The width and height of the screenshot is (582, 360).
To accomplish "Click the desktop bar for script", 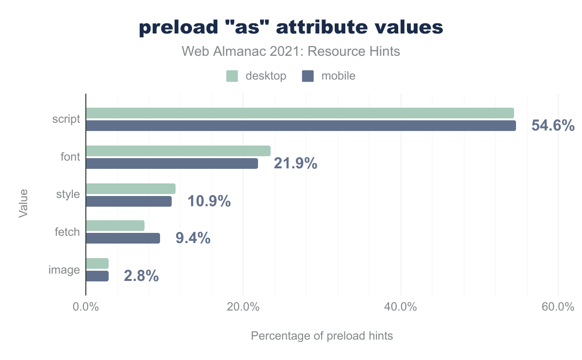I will pyautogui.click(x=300, y=113).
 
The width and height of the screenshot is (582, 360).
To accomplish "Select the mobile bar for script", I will pyautogui.click(x=301, y=126).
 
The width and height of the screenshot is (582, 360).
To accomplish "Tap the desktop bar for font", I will pyautogui.click(x=178, y=151).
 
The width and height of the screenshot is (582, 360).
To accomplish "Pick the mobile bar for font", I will pyautogui.click(x=172, y=164).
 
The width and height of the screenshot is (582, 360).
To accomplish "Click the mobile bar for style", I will pyautogui.click(x=129, y=201).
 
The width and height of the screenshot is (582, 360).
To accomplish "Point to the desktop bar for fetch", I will pyautogui.click(x=115, y=226).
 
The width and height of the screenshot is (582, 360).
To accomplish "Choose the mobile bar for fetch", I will pyautogui.click(x=123, y=238).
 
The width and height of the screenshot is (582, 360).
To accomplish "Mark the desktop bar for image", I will pyautogui.click(x=97, y=263).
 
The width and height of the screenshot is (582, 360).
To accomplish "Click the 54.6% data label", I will pyautogui.click(x=553, y=126).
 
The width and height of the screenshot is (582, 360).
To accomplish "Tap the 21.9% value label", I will pyautogui.click(x=295, y=164).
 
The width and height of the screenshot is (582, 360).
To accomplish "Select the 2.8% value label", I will pyautogui.click(x=141, y=276).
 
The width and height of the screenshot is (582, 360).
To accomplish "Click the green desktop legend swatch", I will pyautogui.click(x=232, y=76).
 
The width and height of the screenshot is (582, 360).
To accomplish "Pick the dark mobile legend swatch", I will pyautogui.click(x=307, y=76).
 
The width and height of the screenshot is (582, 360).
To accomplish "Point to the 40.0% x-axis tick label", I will pyautogui.click(x=401, y=307).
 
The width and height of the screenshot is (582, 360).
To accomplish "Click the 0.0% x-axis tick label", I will pyautogui.click(x=86, y=307).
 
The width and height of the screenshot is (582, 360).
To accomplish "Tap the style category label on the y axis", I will pyautogui.click(x=68, y=195).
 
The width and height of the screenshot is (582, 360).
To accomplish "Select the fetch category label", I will pyautogui.click(x=67, y=232).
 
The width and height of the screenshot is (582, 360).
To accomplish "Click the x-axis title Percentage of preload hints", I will pyautogui.click(x=322, y=336).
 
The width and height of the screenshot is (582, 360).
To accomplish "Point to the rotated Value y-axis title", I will pyautogui.click(x=23, y=203).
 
